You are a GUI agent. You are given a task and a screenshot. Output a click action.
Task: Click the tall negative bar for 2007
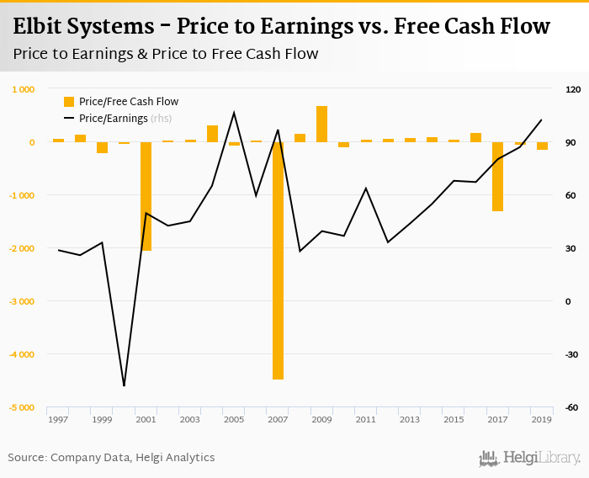click(278, 261)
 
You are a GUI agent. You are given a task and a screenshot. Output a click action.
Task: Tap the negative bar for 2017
click(497, 176)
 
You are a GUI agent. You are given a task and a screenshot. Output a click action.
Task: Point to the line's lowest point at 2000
click(124, 385)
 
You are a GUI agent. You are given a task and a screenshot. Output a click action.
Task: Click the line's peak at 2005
click(234, 112)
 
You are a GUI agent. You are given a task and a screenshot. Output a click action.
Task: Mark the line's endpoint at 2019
click(541, 119)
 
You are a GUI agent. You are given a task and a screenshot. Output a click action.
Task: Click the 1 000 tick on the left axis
click(23, 89)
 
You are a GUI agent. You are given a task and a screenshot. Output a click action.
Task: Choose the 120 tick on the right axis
click(574, 89)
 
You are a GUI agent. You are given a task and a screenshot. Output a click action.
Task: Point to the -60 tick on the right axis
click(573, 407)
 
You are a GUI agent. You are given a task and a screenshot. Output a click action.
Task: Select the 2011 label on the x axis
click(366, 419)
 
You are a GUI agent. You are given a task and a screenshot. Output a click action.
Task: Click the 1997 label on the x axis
click(58, 419)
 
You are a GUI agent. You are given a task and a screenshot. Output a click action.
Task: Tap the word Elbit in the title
click(41, 27)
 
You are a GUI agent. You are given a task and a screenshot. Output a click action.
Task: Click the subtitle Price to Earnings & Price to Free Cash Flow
click(166, 54)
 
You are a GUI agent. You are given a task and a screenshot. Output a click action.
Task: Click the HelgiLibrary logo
click(529, 459)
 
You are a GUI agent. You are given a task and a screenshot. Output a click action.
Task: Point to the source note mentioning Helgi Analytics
click(111, 458)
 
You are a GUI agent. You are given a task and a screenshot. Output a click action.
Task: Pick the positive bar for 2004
click(212, 133)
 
